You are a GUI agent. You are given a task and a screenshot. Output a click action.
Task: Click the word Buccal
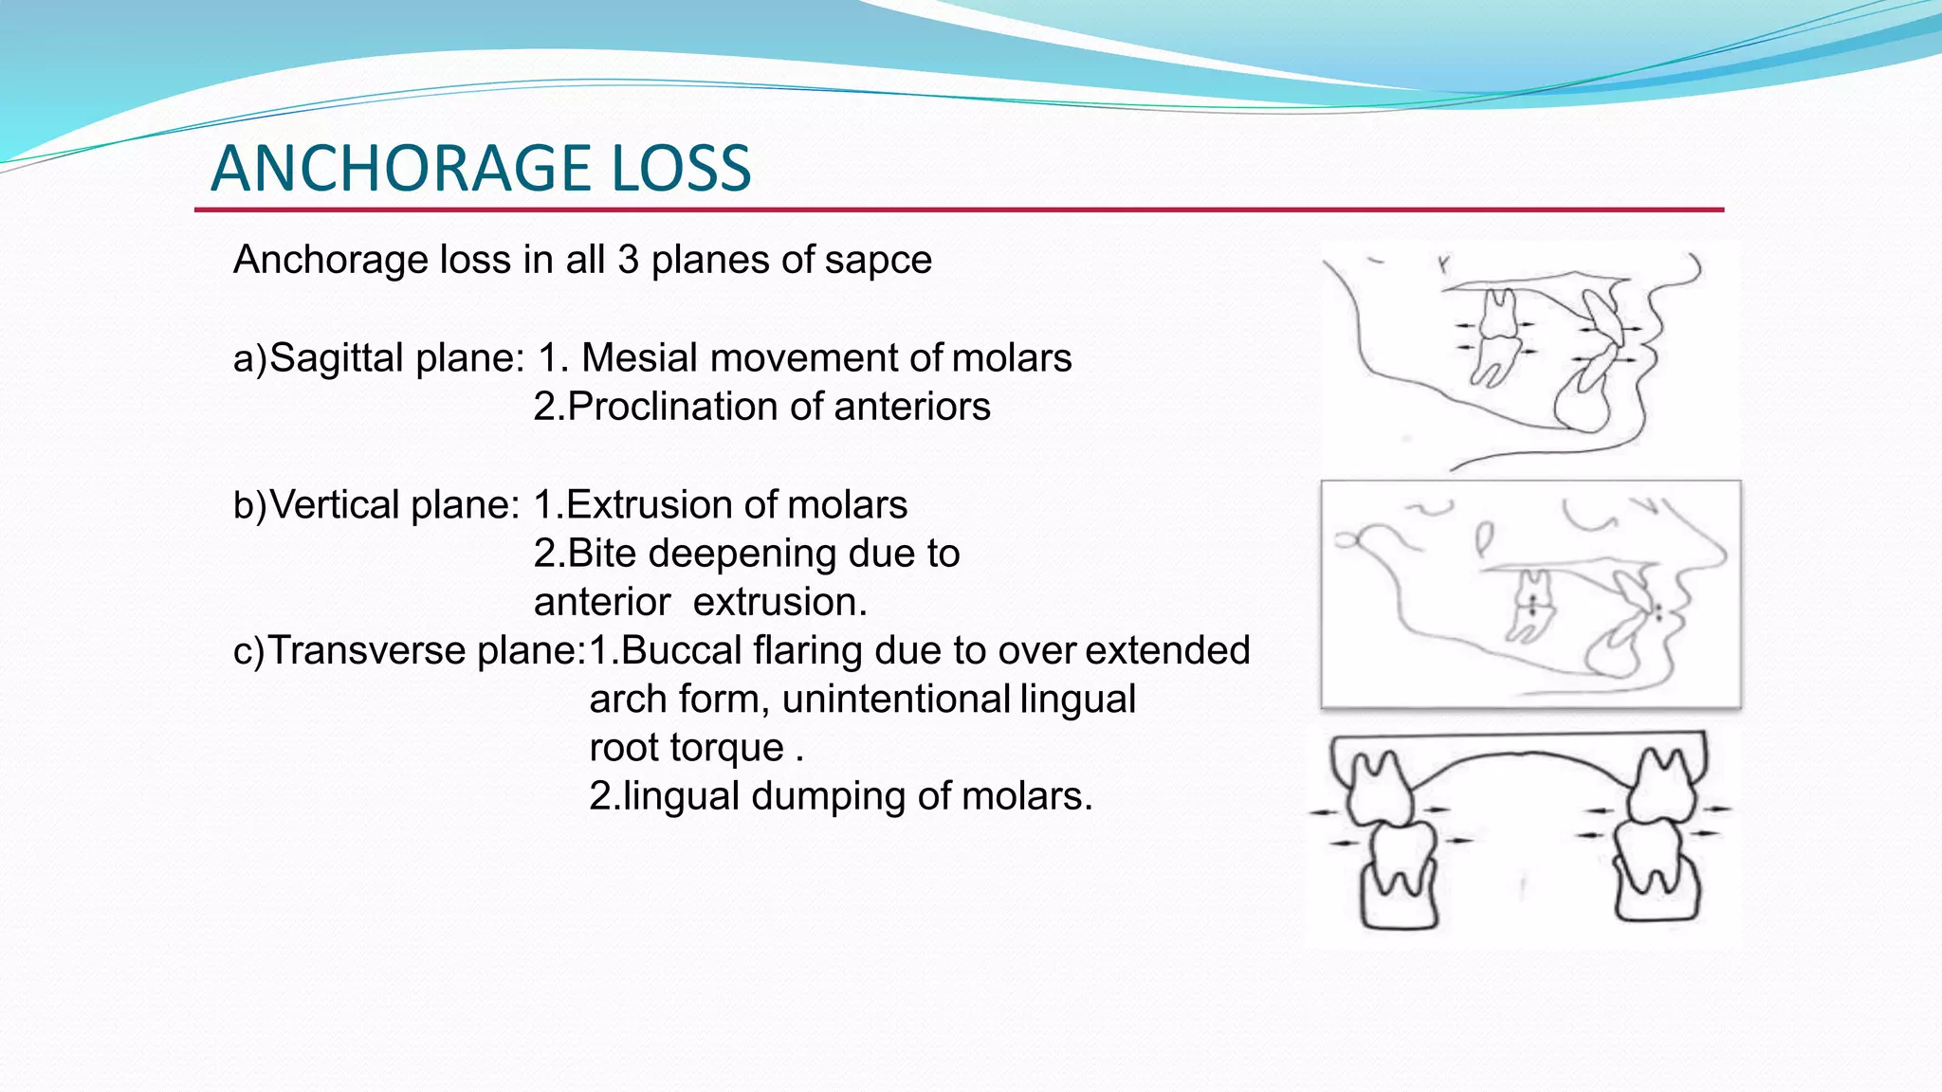point(681,651)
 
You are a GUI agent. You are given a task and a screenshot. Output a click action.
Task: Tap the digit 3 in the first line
point(628,260)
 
